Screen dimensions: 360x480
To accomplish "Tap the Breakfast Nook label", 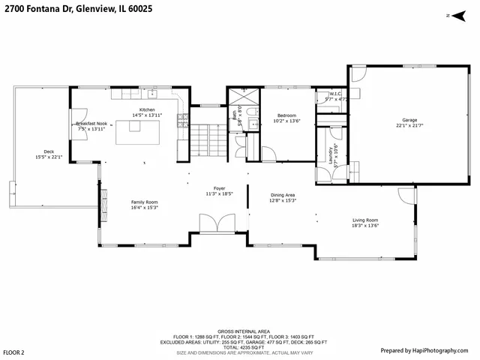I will (91, 126).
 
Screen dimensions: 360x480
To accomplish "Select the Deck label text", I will (49, 154).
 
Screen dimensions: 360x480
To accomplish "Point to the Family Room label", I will (145, 204).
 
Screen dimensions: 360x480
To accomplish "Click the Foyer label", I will (219, 190).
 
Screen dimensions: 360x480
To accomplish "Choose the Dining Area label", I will (283, 197).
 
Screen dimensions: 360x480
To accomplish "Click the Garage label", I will (409, 122).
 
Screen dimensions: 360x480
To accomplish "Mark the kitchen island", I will (133, 132).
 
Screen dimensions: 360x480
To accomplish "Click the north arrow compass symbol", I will (449, 16).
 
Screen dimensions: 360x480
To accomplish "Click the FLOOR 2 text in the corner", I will (13, 352).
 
